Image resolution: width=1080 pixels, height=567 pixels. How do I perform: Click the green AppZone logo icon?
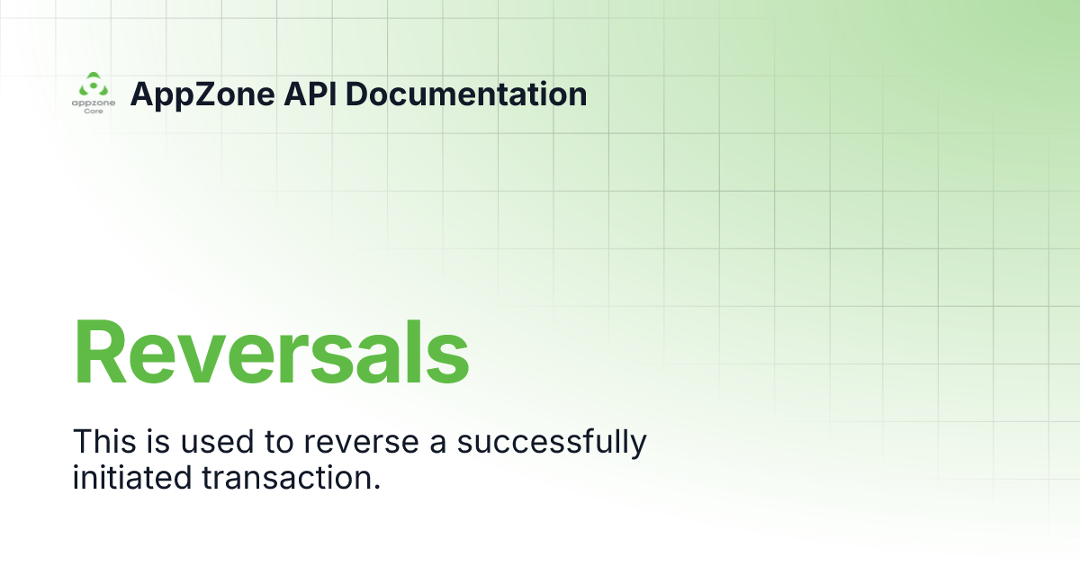click(x=93, y=85)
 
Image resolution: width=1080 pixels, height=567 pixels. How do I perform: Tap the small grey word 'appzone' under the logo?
click(x=94, y=103)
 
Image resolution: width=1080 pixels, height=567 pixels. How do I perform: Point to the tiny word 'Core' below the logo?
click(x=94, y=112)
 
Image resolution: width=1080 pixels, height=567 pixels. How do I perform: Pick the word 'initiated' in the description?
click(x=128, y=477)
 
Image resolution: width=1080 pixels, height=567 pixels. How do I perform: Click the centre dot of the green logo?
click(x=93, y=87)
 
